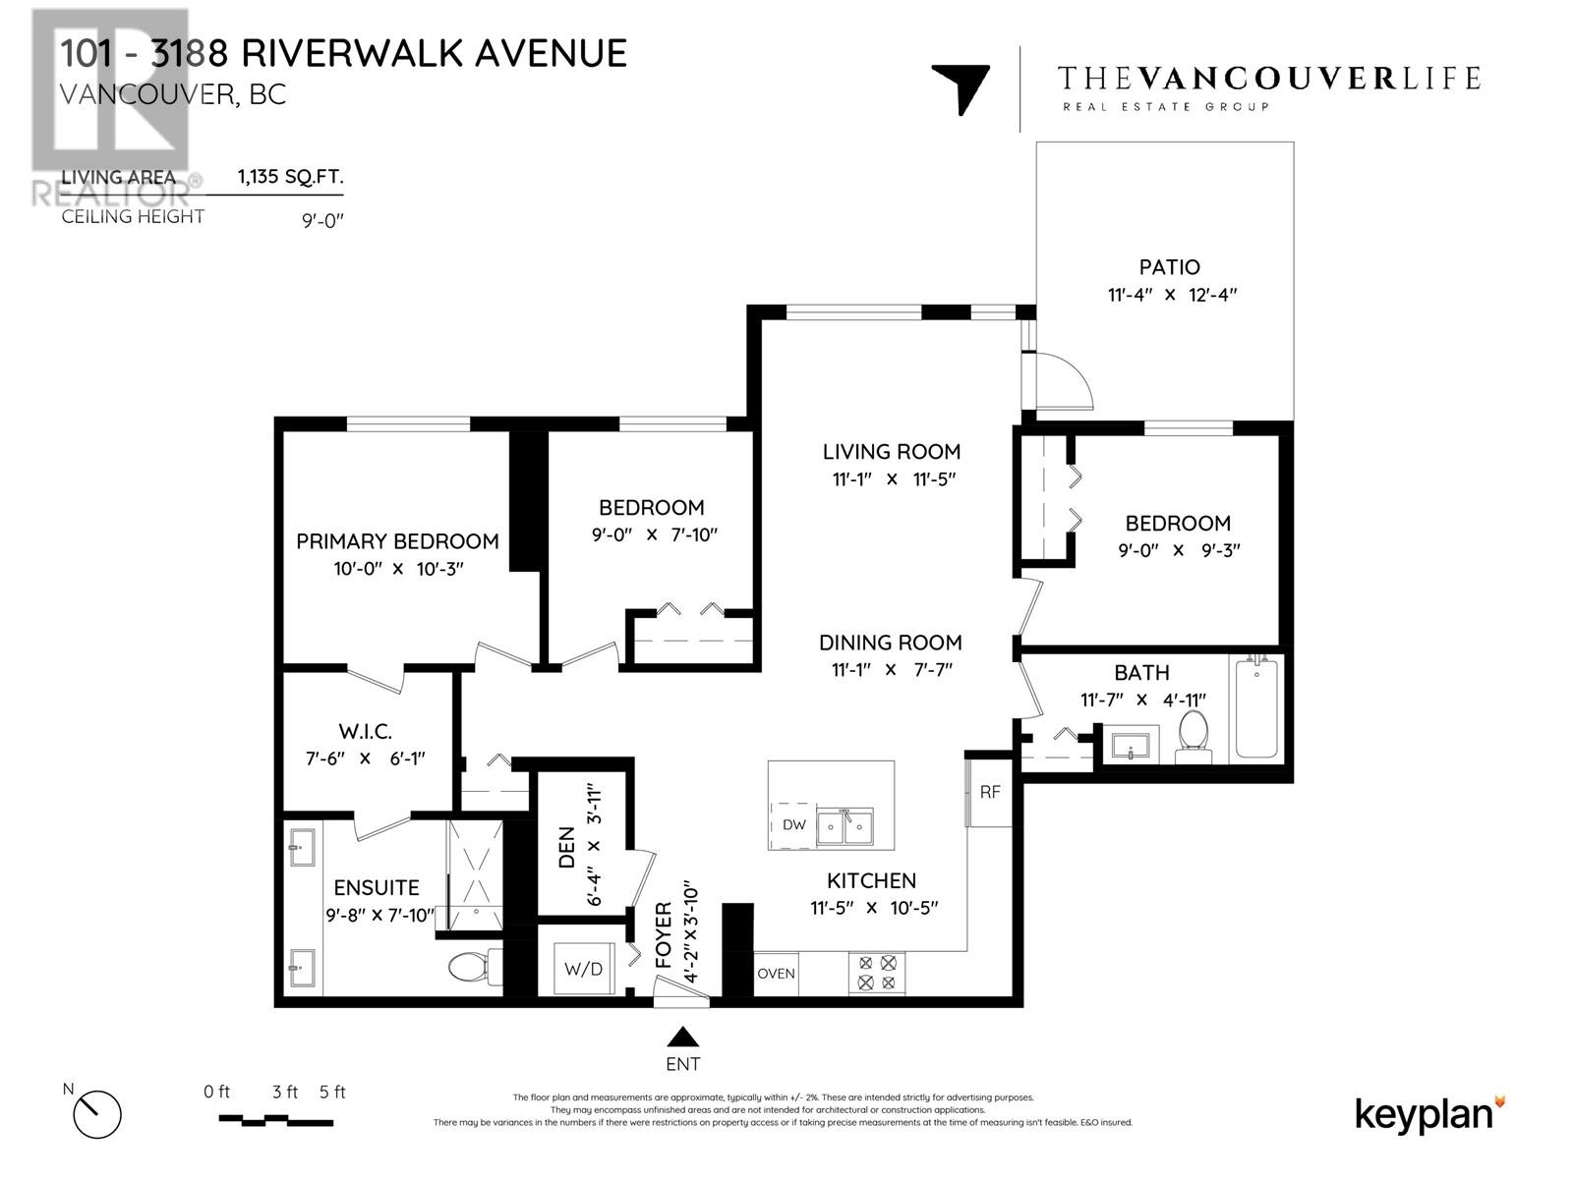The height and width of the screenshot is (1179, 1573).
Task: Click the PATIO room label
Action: (x=1169, y=267)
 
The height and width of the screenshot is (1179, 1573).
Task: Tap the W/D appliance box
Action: (x=583, y=969)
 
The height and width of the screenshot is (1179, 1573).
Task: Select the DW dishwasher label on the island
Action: (x=794, y=825)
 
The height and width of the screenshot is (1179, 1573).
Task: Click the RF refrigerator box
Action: (x=989, y=791)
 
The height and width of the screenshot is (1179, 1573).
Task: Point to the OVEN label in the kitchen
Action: (x=776, y=974)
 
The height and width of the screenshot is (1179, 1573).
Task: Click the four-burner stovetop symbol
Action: (x=877, y=973)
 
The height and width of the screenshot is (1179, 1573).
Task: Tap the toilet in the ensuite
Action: (x=471, y=967)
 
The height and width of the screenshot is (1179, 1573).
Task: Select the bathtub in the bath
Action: (x=1255, y=709)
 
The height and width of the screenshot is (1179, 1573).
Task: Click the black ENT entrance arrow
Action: (x=682, y=1037)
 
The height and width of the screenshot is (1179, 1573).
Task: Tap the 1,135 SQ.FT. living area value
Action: (x=290, y=178)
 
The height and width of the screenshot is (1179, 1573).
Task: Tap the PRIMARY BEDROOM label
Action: (x=397, y=541)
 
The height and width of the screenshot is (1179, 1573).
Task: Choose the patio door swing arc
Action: (x=1067, y=378)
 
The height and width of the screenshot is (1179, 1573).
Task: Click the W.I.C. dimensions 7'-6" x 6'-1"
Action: (x=365, y=758)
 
